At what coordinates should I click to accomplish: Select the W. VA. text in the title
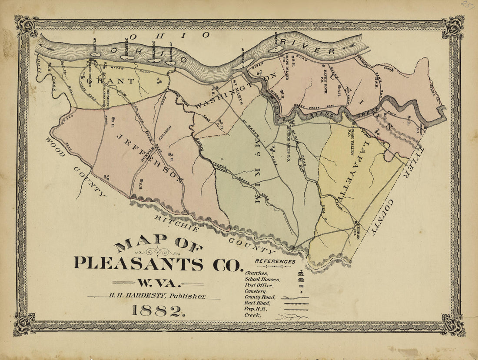158,283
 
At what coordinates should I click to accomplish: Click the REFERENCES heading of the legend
275,262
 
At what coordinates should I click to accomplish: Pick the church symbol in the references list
300,273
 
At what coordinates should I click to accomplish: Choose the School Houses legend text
262,279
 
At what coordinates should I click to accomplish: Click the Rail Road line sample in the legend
295,303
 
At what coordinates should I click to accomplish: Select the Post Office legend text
258,285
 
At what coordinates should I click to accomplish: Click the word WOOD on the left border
56,147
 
